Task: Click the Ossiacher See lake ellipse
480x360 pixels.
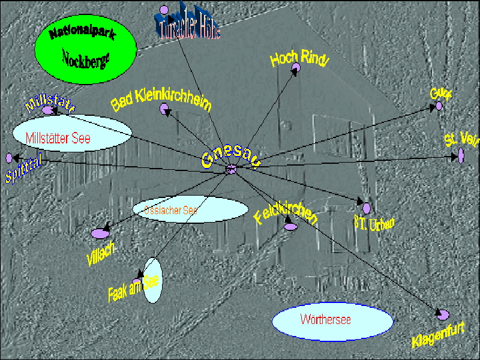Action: click(x=190, y=209)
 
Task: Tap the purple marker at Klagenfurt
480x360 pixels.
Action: click(x=443, y=314)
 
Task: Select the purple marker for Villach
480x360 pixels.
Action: click(x=99, y=233)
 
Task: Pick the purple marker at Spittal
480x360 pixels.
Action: click(x=8, y=158)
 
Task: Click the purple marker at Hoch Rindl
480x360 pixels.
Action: click(x=295, y=70)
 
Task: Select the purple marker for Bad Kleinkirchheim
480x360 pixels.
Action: click(x=164, y=109)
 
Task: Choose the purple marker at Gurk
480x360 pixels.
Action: click(x=439, y=106)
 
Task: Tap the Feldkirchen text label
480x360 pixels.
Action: click(x=285, y=210)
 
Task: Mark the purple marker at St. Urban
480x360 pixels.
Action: click(x=366, y=208)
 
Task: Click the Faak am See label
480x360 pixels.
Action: click(x=133, y=289)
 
